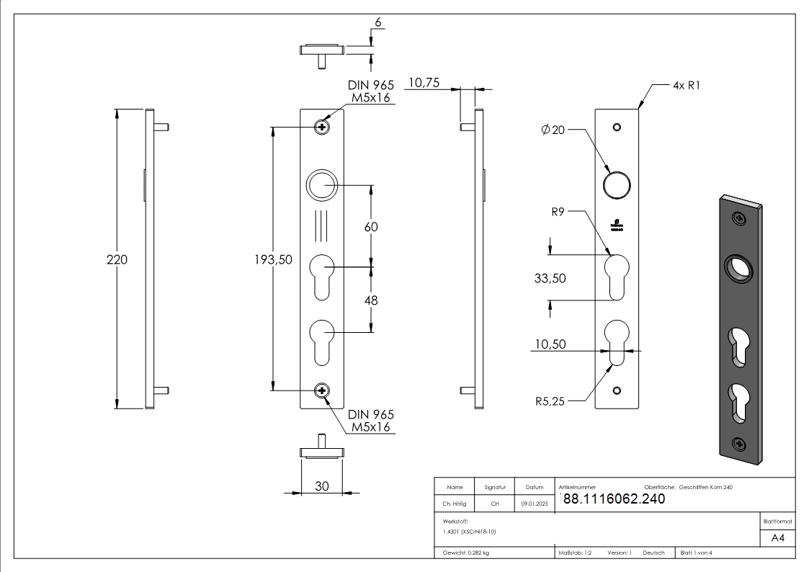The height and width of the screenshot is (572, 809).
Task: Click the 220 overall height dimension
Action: pyautogui.click(x=117, y=260)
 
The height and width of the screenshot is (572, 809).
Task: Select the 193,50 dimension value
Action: pyautogui.click(x=273, y=260)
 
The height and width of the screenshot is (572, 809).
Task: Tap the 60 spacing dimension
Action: pyautogui.click(x=371, y=227)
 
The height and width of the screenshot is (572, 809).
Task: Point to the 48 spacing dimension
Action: pyautogui.click(x=371, y=300)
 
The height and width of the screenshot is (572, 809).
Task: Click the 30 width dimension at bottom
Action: pyautogui.click(x=321, y=487)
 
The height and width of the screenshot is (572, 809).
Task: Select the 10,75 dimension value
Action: pyautogui.click(x=424, y=84)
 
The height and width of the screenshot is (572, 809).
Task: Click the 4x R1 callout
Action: pyautogui.click(x=686, y=85)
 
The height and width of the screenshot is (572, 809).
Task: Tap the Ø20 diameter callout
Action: pyautogui.click(x=553, y=130)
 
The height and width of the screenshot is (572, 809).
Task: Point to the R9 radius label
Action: pyautogui.click(x=558, y=213)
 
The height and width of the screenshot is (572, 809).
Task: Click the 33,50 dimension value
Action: pyautogui.click(x=550, y=278)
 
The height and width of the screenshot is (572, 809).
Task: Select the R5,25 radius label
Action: pyautogui.click(x=550, y=401)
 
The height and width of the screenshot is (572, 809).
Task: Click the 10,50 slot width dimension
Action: pyautogui.click(x=550, y=345)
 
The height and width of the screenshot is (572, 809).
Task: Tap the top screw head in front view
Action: pyautogui.click(x=322, y=128)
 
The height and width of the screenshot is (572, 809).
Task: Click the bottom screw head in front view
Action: pyautogui.click(x=322, y=390)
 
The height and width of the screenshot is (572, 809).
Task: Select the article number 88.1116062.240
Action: pyautogui.click(x=613, y=499)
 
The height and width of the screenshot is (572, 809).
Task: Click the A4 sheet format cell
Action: pyautogui.click(x=777, y=538)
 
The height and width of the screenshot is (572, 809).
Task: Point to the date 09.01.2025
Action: pyautogui.click(x=534, y=504)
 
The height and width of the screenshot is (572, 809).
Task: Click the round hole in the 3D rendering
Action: pyautogui.click(x=738, y=269)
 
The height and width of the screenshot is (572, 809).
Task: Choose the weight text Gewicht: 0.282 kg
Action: pyautogui.click(x=466, y=553)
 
